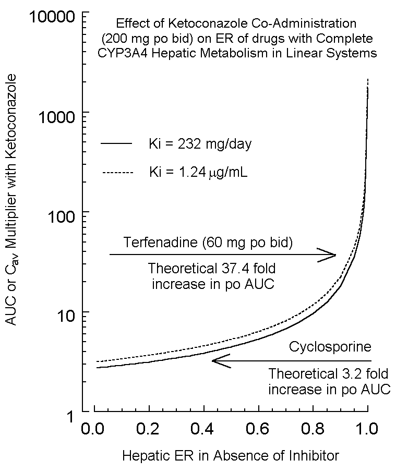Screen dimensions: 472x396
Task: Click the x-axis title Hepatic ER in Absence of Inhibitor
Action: pyautogui.click(x=231, y=456)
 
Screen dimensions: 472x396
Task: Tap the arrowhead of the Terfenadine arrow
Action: pyautogui.click(x=329, y=255)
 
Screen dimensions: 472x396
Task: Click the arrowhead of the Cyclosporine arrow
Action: pyautogui.click(x=219, y=361)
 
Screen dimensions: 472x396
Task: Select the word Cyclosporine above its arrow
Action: pyautogui.click(x=330, y=346)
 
